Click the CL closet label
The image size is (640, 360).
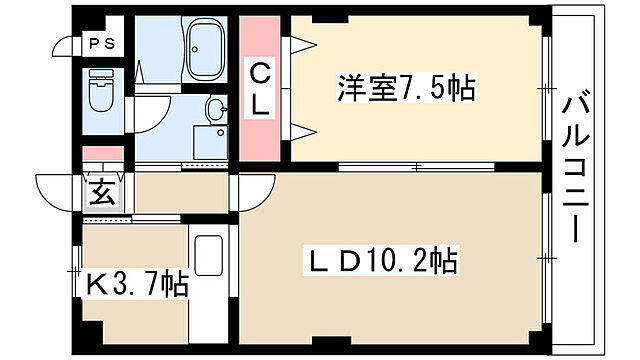point(260,89)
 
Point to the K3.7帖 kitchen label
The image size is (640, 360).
point(137,285)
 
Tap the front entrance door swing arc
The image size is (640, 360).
point(58,191)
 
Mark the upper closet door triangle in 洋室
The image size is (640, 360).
point(301,44)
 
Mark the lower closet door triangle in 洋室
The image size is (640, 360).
point(301,128)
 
